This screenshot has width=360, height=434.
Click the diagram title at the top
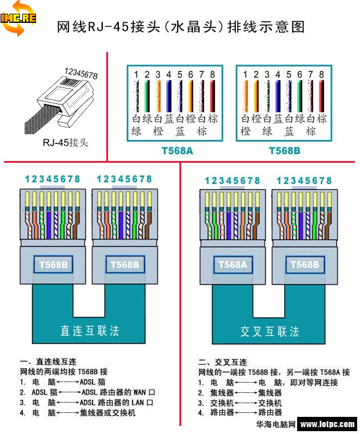tap(181, 27)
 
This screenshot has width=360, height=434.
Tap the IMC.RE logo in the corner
tap(19, 18)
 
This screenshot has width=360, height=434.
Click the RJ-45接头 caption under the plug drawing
tap(65, 142)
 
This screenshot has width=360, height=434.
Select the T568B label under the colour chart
tap(285, 151)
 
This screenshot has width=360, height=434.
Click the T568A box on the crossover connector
tap(232, 264)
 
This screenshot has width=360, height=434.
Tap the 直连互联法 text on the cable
tap(90, 331)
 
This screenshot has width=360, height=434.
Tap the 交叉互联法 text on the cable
tap(269, 331)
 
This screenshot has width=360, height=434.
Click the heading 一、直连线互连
tap(48, 362)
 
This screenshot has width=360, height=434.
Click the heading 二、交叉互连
tap(223, 362)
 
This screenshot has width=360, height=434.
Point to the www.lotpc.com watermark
tap(327, 424)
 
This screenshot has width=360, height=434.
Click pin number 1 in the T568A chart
tap(136, 75)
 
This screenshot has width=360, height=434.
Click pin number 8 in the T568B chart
tap(322, 75)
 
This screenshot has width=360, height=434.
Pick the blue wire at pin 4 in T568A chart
tap(169, 95)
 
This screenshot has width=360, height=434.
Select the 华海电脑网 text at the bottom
tap(275, 424)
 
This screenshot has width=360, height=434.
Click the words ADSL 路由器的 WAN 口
tap(118, 392)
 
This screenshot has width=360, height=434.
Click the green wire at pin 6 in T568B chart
tap(300, 95)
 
